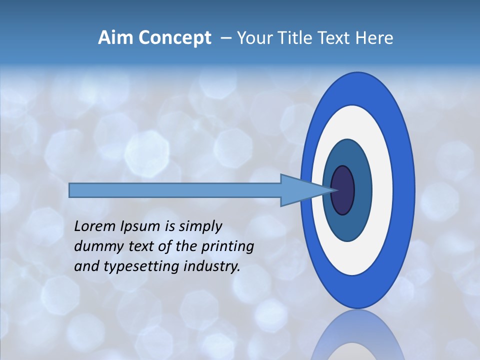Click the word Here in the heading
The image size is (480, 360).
coord(374,38)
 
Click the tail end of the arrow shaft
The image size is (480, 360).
coord(70,190)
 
